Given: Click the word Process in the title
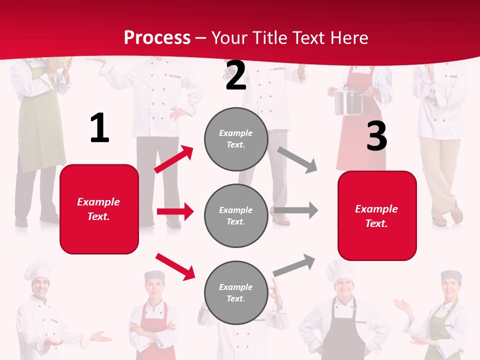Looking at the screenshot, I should (157, 37).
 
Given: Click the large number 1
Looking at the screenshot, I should (99, 128).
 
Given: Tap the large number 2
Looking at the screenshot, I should (235, 76).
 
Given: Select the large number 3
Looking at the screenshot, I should (376, 136).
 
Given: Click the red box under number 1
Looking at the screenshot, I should (99, 209).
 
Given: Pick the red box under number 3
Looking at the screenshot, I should (377, 215).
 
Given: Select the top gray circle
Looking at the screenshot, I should (236, 139).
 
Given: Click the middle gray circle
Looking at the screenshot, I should (236, 215).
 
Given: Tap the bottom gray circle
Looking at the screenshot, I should (236, 292).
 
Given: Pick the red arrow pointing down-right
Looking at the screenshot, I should (175, 266).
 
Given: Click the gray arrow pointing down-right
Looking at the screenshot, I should (297, 159).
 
